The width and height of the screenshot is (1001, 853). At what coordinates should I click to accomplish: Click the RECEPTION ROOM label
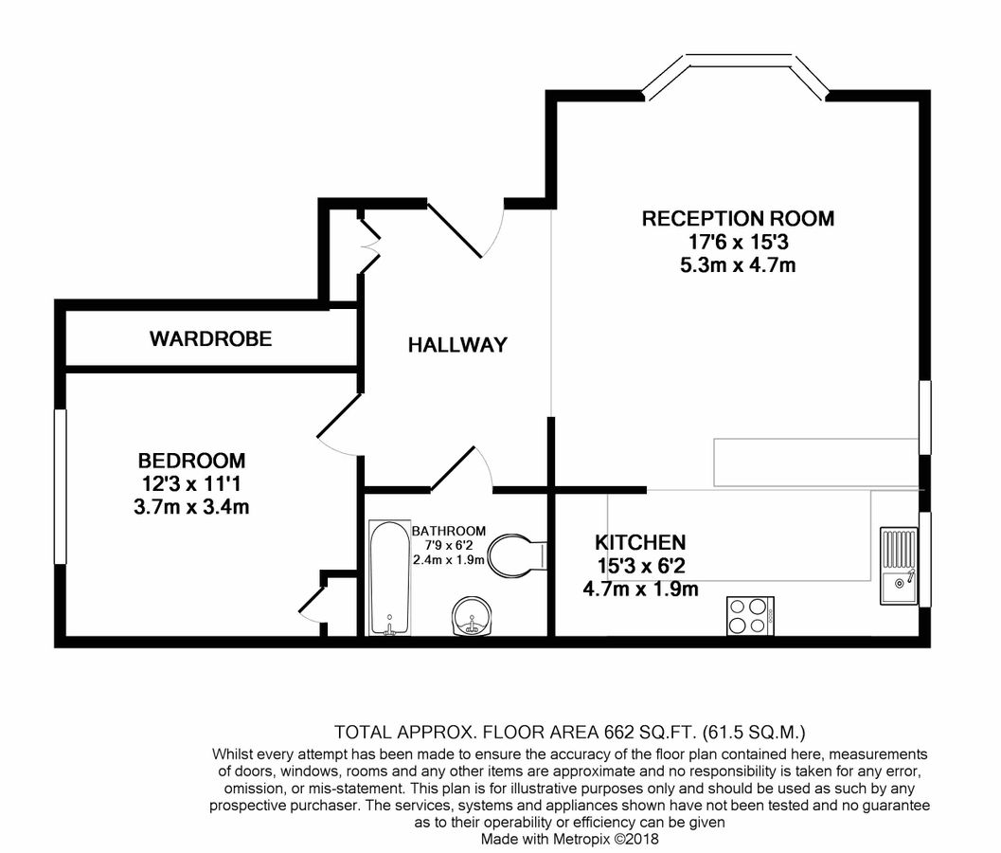click(738, 219)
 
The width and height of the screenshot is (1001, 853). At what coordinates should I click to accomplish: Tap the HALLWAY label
click(457, 345)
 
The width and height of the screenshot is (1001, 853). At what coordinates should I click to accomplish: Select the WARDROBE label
click(210, 338)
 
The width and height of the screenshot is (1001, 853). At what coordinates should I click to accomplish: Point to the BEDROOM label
click(191, 461)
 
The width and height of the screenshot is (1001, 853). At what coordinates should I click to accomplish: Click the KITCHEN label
click(639, 543)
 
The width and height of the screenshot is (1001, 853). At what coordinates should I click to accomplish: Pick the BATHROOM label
click(448, 531)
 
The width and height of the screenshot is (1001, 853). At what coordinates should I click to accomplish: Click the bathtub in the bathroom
click(388, 577)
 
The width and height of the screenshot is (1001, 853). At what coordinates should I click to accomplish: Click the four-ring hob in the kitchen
click(750, 616)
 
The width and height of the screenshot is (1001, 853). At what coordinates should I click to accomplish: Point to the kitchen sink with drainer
click(896, 566)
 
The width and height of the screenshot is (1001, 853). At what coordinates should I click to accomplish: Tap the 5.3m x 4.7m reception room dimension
click(738, 264)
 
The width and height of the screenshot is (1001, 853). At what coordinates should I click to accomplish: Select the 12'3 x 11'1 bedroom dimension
click(191, 483)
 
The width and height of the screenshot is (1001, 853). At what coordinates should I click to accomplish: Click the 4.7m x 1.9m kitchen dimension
click(639, 590)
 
